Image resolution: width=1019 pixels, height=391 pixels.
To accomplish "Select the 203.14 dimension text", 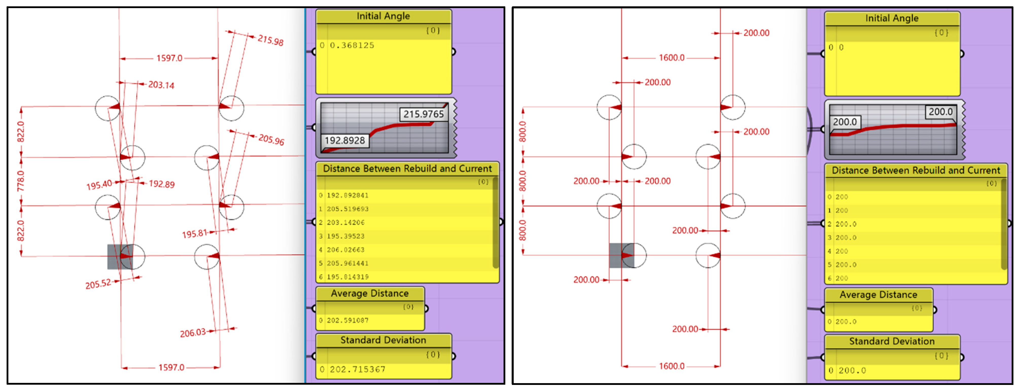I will (x=161, y=85).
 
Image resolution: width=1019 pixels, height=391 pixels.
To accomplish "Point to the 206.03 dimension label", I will (x=193, y=333).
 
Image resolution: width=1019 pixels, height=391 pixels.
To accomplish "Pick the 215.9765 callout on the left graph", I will (x=423, y=114).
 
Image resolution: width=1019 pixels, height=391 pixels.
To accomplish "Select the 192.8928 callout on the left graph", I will (x=344, y=140).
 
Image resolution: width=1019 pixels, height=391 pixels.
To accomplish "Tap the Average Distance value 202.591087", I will (x=347, y=321).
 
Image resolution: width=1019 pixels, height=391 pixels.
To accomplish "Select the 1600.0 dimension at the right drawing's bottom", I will (x=671, y=366).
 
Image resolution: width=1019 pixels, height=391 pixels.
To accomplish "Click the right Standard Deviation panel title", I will (x=892, y=342).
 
